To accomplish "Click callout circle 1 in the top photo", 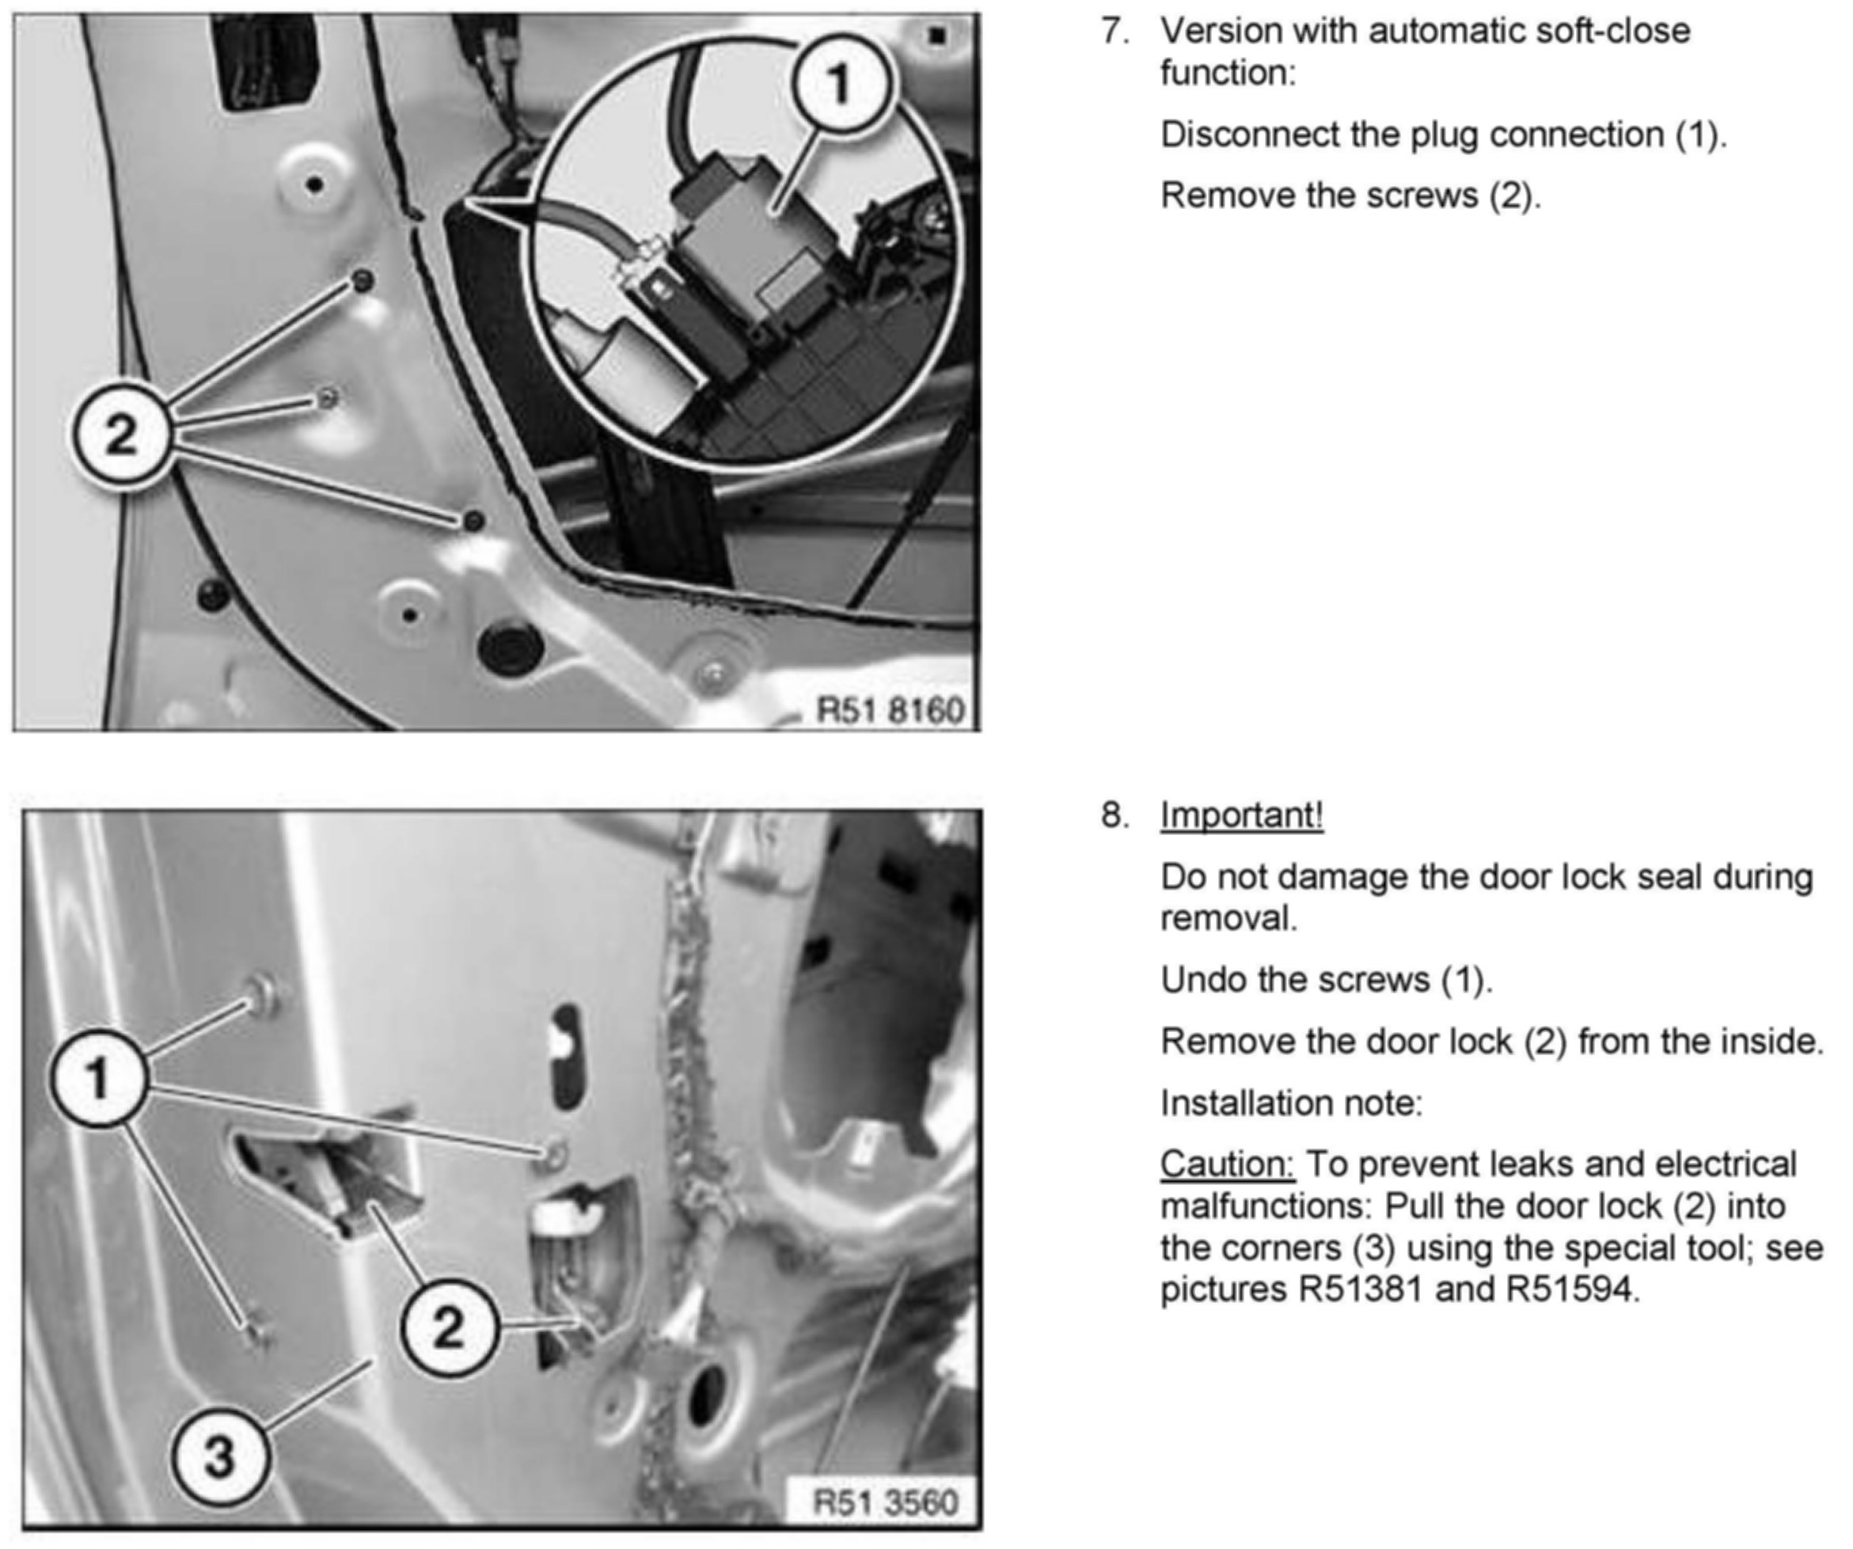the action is point(840,85).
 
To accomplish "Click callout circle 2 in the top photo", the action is point(120,434).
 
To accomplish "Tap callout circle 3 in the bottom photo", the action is point(218,1456).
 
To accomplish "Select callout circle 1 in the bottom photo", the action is point(98,1078).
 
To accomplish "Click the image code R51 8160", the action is point(890,709).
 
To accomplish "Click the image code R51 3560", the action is point(885,1502).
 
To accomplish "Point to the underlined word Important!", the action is point(1241,815).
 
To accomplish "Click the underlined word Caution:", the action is point(1227,1164).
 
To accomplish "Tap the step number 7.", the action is point(1115,31).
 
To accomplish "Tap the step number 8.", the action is point(1115,815).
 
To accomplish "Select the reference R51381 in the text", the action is point(1361,1289).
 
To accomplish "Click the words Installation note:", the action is point(1291,1103).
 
